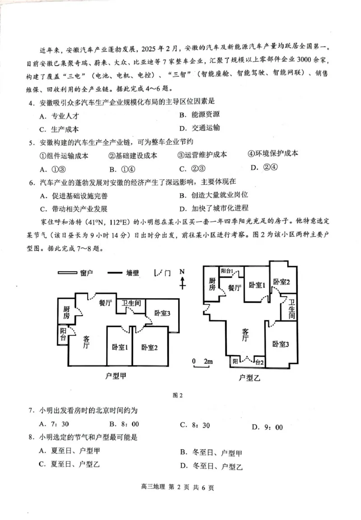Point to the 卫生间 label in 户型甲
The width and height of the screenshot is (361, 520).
coord(131,303)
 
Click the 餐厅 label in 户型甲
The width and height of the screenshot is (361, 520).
coord(105,303)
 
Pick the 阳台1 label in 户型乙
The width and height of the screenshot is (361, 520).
coord(227,271)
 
